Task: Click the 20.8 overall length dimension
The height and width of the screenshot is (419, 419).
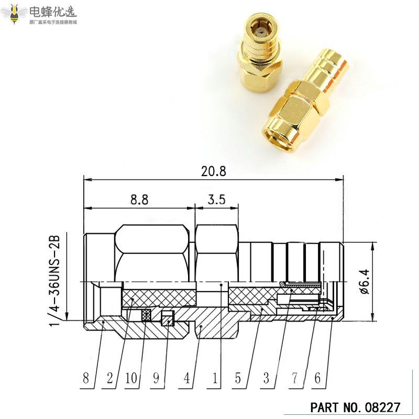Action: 213,171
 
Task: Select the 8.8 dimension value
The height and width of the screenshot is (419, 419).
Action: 139,200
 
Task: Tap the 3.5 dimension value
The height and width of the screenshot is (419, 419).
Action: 216,200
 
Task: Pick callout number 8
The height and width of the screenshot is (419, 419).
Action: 87,378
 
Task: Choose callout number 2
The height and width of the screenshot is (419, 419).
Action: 110,378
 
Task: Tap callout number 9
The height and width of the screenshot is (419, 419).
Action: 156,378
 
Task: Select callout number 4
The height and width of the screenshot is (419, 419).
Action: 186,378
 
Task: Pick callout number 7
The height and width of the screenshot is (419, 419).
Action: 294,378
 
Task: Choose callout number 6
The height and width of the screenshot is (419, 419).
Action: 317,378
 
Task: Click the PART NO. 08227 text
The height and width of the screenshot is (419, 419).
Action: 356,407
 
